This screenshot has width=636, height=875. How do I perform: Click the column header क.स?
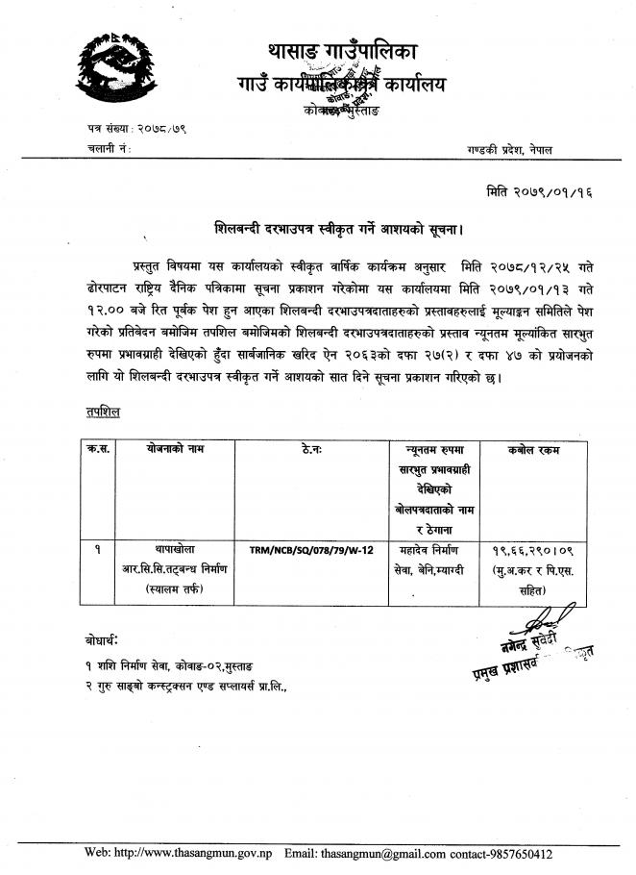[98, 449]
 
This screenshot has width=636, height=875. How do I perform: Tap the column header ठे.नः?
[311, 449]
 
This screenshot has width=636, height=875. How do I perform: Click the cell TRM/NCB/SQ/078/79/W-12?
[310, 548]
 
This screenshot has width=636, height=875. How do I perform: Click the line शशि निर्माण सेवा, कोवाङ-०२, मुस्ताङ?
[173, 665]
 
